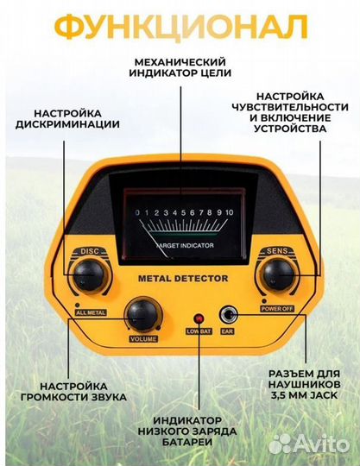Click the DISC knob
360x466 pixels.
(x=88, y=275)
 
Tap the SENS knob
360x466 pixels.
(x=279, y=275)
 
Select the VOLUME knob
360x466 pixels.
(x=142, y=315)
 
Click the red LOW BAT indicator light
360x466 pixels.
(x=199, y=319)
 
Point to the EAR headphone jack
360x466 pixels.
(x=228, y=316)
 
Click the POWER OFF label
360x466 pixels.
(x=277, y=309)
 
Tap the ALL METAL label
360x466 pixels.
(x=91, y=312)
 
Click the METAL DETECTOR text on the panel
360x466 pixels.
(x=183, y=279)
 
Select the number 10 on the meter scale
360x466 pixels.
(x=229, y=212)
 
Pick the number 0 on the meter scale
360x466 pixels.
(x=137, y=213)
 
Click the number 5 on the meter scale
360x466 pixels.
(x=183, y=212)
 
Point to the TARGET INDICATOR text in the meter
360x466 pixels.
(x=185, y=245)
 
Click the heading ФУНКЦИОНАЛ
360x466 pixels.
(x=181, y=27)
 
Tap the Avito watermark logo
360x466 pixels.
(x=308, y=444)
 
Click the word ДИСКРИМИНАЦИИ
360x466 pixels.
(x=67, y=124)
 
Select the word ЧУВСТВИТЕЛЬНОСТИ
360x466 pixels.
(x=290, y=107)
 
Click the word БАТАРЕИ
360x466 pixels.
(x=187, y=442)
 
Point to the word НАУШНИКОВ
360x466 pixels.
(x=305, y=384)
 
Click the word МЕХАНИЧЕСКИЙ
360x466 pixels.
(x=180, y=62)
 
